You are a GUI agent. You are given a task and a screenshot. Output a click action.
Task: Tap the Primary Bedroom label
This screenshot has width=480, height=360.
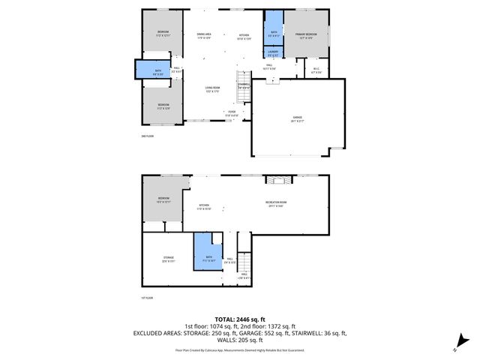click(305, 36)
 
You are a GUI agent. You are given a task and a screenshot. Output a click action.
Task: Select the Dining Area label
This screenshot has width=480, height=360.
click(204, 36)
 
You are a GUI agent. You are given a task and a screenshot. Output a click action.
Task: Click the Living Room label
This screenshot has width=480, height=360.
click(213, 89)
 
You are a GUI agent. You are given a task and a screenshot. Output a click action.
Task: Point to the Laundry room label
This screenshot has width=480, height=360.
click(273, 52)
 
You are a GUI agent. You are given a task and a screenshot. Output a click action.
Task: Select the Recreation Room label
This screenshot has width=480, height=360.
click(277, 204)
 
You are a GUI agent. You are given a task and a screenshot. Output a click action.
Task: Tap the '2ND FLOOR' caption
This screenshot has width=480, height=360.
click(148, 136)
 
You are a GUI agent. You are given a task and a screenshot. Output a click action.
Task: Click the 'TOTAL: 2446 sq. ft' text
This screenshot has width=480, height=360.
click(239, 319)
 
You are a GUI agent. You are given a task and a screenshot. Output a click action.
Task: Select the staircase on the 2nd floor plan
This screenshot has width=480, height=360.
click(243, 79)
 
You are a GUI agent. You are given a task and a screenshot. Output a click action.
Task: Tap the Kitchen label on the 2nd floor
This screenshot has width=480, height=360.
click(244, 36)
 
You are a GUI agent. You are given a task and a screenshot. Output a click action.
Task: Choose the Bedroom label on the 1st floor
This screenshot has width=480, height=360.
click(164, 199)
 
